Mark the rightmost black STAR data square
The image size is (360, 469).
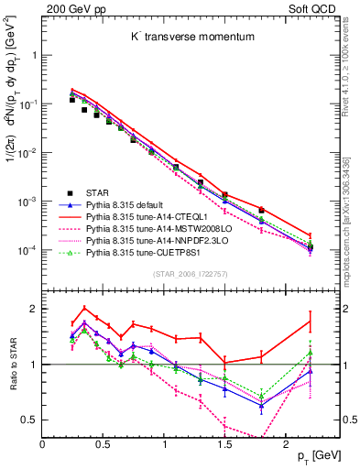310,247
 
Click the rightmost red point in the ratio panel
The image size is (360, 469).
310,320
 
